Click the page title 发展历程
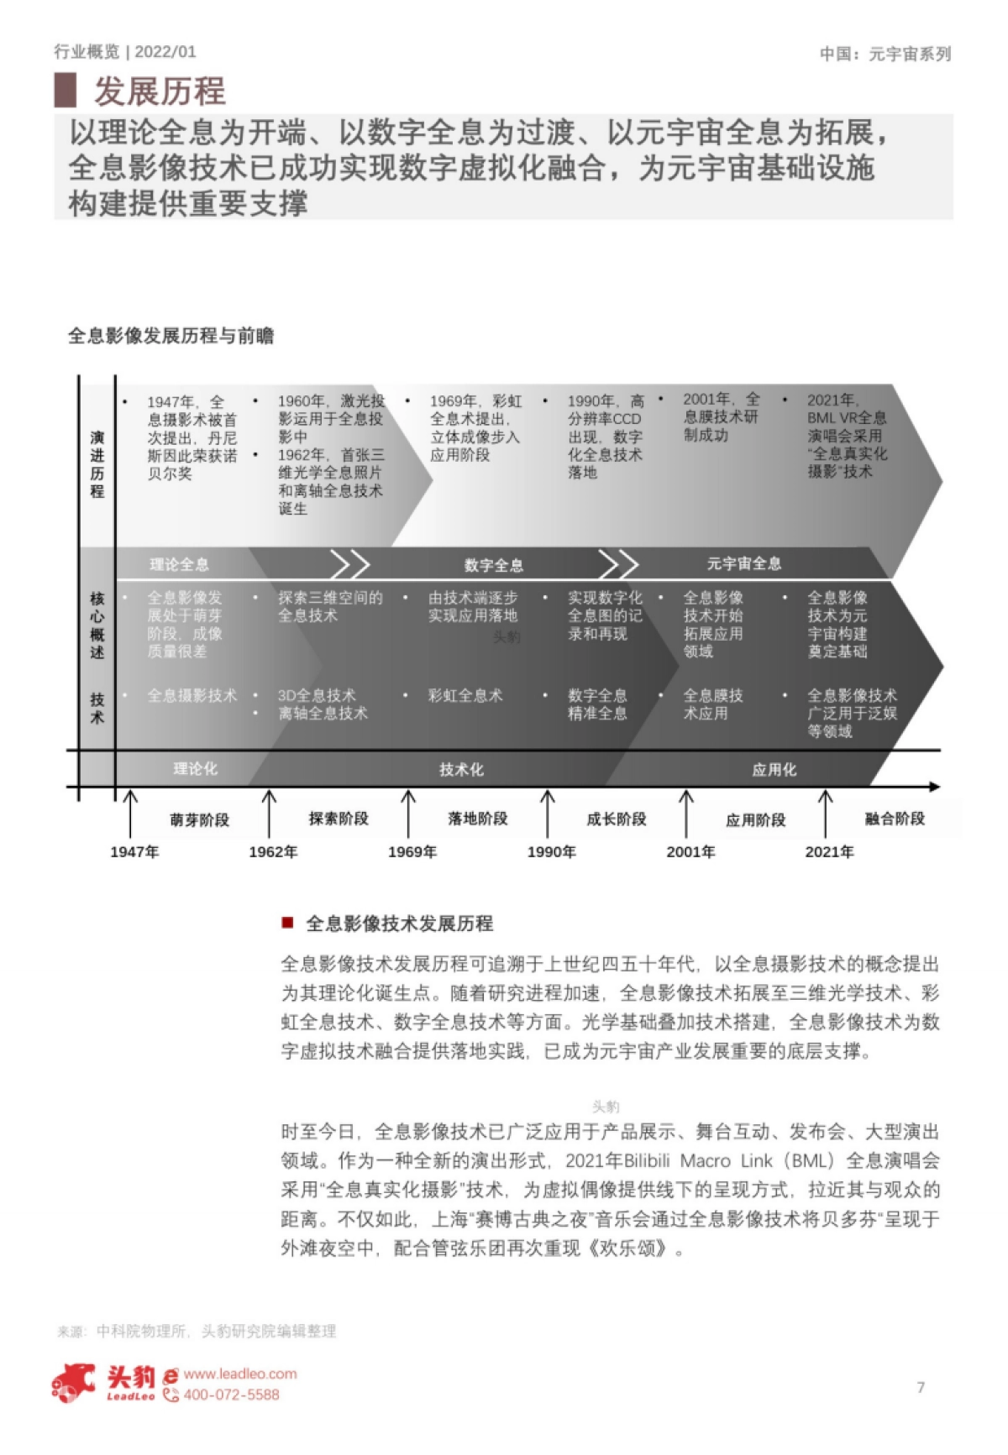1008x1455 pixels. [x=160, y=91]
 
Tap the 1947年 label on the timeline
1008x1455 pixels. [x=134, y=851]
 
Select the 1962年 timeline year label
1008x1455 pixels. [x=273, y=851]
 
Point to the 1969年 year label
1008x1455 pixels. [x=412, y=851]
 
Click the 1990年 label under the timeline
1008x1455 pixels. [x=551, y=851]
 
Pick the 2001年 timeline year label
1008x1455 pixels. [x=690, y=851]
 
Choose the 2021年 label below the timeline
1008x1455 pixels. [x=829, y=851]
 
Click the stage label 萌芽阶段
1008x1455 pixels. [x=199, y=819]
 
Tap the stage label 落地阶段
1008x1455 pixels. [x=477, y=819]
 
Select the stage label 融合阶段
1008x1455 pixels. [x=895, y=819]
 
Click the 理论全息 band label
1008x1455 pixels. [x=179, y=564]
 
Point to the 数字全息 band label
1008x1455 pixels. [x=493, y=565]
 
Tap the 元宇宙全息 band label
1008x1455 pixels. [x=743, y=563]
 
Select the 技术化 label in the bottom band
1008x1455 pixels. [x=461, y=769]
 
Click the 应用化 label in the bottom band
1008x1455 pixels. [x=774, y=769]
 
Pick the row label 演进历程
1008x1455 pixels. [x=97, y=464]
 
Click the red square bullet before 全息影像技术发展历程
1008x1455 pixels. [x=287, y=923]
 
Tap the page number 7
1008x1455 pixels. [x=921, y=1387]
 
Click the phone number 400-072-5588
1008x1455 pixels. [x=231, y=1395]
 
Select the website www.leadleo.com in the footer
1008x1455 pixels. [x=240, y=1374]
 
